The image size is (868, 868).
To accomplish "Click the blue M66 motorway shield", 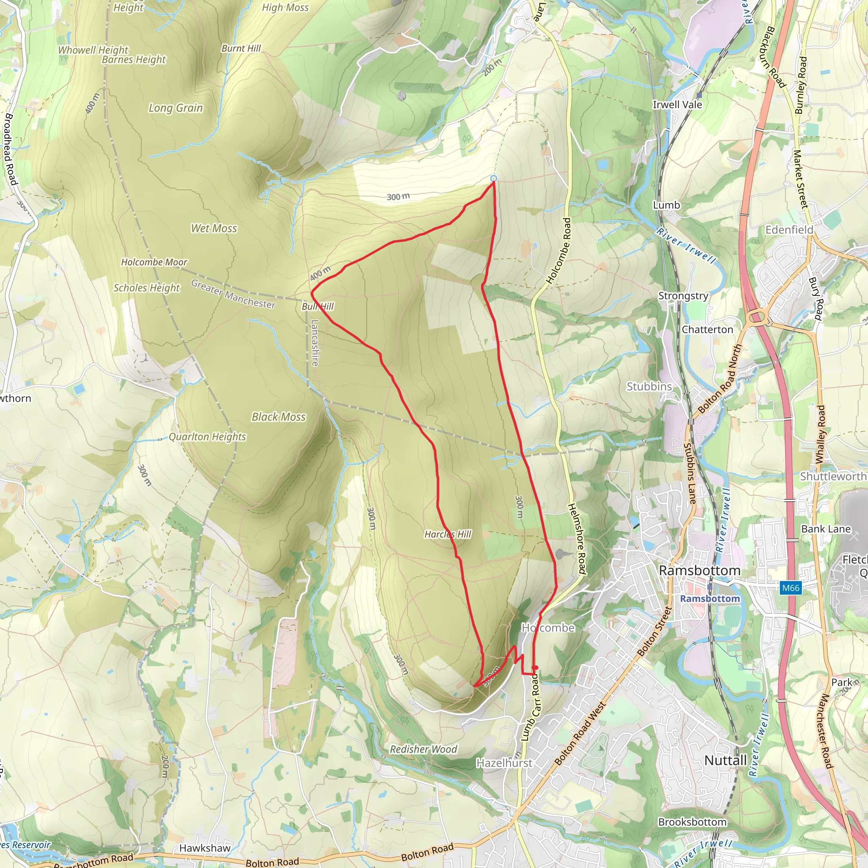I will pyautogui.click(x=791, y=588).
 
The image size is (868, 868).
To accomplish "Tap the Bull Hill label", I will pyautogui.click(x=317, y=306).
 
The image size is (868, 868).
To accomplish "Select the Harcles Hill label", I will pyautogui.click(x=448, y=534).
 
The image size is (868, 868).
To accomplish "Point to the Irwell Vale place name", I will pyautogui.click(x=677, y=105).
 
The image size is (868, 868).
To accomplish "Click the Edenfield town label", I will pyautogui.click(x=789, y=230).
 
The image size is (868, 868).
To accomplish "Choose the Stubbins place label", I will pyautogui.click(x=649, y=387).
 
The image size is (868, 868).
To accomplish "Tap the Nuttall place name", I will pyautogui.click(x=725, y=761).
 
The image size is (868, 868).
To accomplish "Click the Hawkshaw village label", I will pyautogui.click(x=205, y=848).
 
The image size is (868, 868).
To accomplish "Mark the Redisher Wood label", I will pyautogui.click(x=423, y=749).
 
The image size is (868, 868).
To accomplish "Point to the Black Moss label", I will pyautogui.click(x=278, y=417).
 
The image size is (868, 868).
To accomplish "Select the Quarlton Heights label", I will pyautogui.click(x=208, y=437).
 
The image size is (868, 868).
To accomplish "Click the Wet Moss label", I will pyautogui.click(x=214, y=228).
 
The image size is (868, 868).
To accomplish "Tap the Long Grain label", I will pyautogui.click(x=175, y=108).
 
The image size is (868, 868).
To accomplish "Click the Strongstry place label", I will pyautogui.click(x=683, y=296).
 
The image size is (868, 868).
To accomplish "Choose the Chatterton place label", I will pyautogui.click(x=707, y=330).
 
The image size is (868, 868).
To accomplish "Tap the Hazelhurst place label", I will pyautogui.click(x=504, y=763).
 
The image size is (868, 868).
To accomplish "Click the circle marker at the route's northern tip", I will pyautogui.click(x=494, y=179).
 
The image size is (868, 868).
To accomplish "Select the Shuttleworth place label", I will pyautogui.click(x=833, y=476).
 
